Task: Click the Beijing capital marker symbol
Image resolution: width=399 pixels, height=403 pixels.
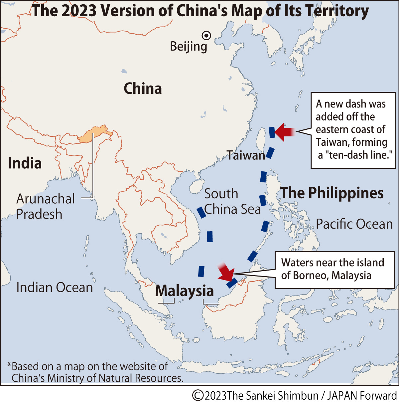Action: click(x=206, y=35)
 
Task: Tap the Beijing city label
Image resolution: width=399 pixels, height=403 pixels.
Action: click(x=189, y=46)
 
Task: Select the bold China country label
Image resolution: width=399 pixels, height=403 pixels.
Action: click(x=143, y=89)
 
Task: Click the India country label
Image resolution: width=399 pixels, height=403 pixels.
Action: click(x=25, y=163)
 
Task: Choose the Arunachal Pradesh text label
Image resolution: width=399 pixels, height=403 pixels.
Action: click(x=46, y=206)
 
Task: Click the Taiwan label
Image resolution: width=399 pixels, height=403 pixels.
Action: click(x=246, y=155)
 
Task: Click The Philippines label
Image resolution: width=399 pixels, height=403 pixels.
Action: click(x=332, y=193)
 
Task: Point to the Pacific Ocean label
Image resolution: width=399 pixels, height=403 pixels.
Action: click(x=354, y=224)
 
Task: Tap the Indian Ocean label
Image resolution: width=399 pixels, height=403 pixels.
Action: click(x=55, y=288)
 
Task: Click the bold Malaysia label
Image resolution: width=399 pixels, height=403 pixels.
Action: click(x=185, y=291)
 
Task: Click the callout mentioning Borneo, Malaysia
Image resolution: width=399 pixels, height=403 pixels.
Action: click(x=334, y=269)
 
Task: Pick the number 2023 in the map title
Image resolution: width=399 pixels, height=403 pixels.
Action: click(x=79, y=11)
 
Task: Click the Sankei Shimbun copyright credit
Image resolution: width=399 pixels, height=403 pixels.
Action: click(x=295, y=395)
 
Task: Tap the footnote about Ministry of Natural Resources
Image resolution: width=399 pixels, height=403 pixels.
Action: click(x=95, y=372)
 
